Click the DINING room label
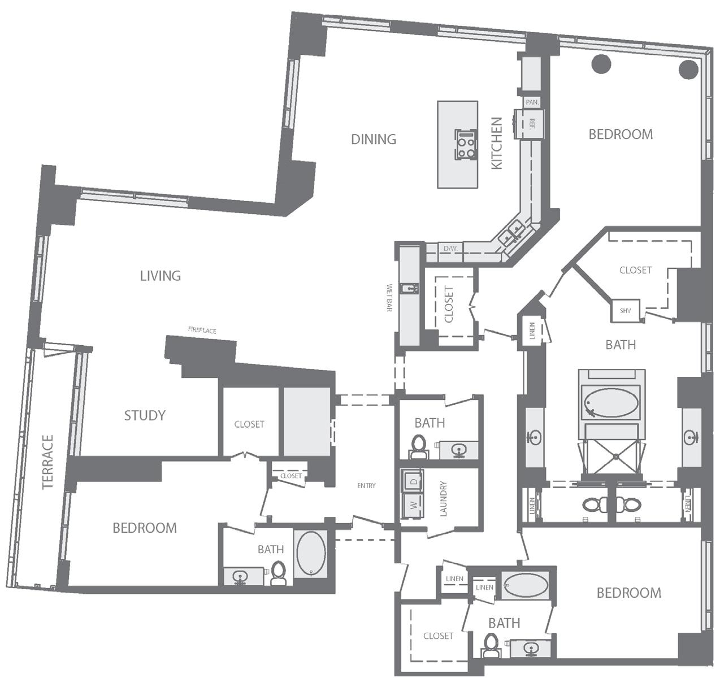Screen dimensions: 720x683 pyautogui.click(x=374, y=139)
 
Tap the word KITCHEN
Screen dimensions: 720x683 pyautogui.click(x=496, y=143)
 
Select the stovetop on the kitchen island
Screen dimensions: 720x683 pyautogui.click(x=466, y=144)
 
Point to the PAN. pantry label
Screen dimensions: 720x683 pyautogui.click(x=532, y=103)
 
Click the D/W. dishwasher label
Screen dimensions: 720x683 pyautogui.click(x=451, y=249)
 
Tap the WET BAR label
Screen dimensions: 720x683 pyautogui.click(x=389, y=297)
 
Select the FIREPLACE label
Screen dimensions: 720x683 pyautogui.click(x=202, y=330)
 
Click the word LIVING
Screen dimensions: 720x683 pyautogui.click(x=161, y=276)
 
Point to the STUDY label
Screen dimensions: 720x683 pyautogui.click(x=145, y=415)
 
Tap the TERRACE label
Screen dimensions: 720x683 pyautogui.click(x=48, y=462)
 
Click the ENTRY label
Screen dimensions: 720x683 pyautogui.click(x=366, y=486)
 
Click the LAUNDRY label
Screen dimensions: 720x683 pyautogui.click(x=444, y=499)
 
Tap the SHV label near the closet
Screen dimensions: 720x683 pyautogui.click(x=625, y=311)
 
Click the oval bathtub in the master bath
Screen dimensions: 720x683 pyautogui.click(x=611, y=403)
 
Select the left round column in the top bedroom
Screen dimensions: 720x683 pyautogui.click(x=601, y=64)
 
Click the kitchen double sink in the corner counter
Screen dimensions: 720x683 pyautogui.click(x=512, y=234)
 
